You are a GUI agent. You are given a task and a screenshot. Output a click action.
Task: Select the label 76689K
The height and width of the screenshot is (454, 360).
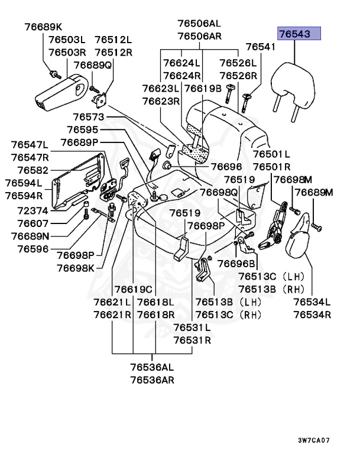click(43, 27)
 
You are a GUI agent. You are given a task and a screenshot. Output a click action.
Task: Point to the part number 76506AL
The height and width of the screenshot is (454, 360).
click(199, 24)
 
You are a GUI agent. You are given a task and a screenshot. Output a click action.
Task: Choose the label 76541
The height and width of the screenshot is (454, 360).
click(261, 47)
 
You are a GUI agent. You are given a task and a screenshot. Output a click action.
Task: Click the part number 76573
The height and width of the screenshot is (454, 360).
click(85, 118)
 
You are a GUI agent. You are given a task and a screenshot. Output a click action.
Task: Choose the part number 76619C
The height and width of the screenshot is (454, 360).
click(134, 289)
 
